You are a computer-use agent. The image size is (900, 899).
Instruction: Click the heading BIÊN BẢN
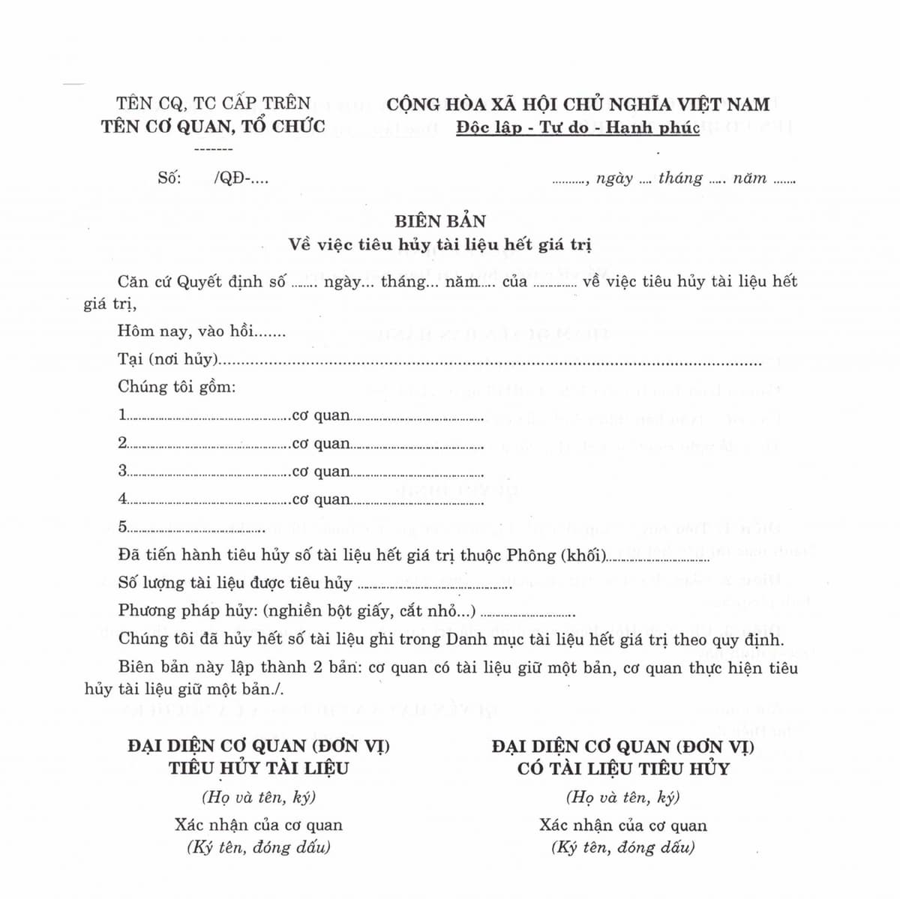[x=440, y=221]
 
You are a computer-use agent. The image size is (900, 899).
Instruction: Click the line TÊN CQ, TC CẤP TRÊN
[x=213, y=103]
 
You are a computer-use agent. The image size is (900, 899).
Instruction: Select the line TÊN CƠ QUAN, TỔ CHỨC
[x=213, y=126]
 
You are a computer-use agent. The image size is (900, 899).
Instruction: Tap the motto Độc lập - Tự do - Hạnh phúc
[x=577, y=127]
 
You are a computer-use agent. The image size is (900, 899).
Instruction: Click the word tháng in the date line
[x=680, y=178]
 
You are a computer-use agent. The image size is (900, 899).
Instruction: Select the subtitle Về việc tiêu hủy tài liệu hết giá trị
[x=440, y=244]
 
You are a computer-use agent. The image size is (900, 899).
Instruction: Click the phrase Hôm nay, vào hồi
[x=185, y=331]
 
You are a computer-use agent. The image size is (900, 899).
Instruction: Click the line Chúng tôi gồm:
[x=176, y=387]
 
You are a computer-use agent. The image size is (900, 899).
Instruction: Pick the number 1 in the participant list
[x=122, y=415]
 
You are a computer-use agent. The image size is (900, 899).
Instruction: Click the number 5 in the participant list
[x=122, y=526]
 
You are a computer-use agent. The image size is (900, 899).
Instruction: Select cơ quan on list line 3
[x=321, y=472]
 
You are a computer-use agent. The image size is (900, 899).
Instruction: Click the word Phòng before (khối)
[x=531, y=555]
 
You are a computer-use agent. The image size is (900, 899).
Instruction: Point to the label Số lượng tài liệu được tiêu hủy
[x=235, y=583]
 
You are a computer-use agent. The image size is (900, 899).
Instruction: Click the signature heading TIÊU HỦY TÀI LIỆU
[x=259, y=768]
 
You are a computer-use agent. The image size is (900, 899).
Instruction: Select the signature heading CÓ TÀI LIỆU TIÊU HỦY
[x=622, y=768]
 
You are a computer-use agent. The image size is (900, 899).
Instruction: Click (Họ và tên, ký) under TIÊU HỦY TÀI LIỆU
[x=259, y=797]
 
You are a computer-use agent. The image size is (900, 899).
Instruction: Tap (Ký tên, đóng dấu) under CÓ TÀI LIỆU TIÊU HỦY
[x=622, y=848]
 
